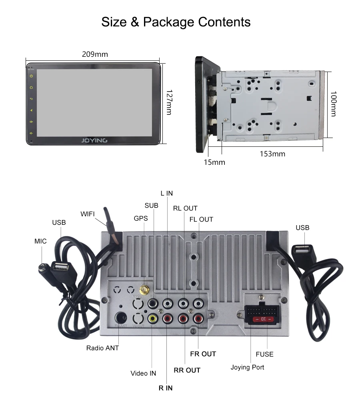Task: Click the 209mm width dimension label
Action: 95,54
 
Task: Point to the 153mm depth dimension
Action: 272,154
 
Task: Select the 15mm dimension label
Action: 214,162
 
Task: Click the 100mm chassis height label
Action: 333,104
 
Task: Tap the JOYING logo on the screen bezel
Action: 94,140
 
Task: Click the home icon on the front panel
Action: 31,87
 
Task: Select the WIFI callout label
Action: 88,214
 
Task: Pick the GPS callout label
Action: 141,218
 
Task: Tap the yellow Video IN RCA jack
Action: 152,318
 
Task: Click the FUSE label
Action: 264,354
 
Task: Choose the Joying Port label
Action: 247,367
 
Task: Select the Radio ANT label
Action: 102,348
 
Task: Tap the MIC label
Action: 40,241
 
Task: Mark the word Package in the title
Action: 168,22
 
